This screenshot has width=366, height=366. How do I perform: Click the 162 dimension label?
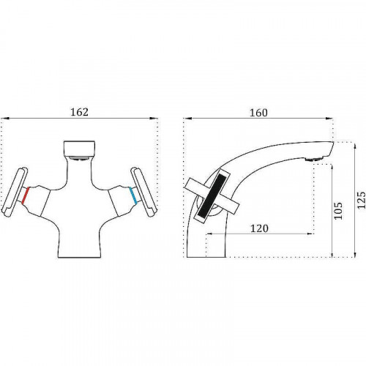pos(79,112)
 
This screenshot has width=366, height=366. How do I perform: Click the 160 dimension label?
pos(258,113)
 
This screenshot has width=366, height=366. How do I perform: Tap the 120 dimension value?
pos(259,228)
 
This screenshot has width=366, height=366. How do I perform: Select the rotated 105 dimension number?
pos(338,211)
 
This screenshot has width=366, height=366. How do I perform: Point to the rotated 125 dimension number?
pos(362,200)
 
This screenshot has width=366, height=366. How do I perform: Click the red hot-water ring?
pos(26,195)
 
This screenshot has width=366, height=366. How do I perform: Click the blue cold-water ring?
pos(133,195)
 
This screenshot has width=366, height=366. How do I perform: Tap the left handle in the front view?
pos(14,192)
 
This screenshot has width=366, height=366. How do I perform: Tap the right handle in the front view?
pos(144,192)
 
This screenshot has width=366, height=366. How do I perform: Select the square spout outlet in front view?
pos(79,148)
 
